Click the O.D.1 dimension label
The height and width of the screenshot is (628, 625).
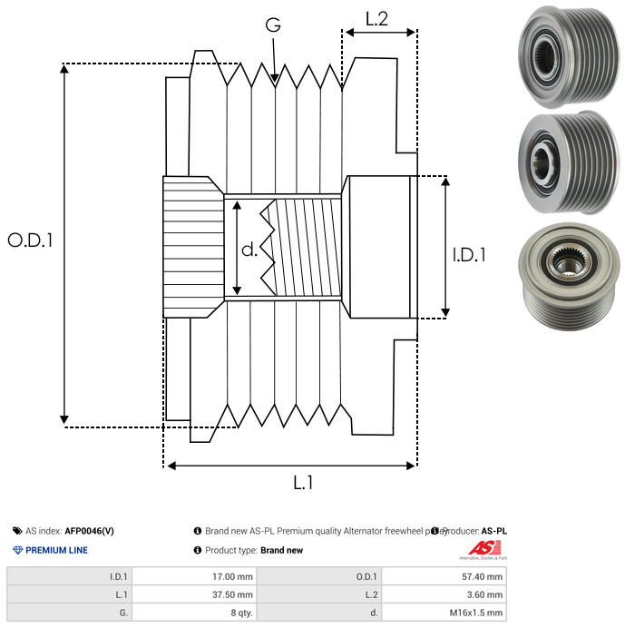[31, 241]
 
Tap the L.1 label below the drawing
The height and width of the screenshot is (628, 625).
[303, 483]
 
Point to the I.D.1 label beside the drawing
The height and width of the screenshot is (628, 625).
[469, 256]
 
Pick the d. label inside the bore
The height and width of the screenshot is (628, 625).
[249, 250]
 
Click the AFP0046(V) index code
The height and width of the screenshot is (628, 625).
[89, 531]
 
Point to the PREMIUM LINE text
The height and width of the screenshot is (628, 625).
[56, 550]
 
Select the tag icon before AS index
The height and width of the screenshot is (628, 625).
[17, 531]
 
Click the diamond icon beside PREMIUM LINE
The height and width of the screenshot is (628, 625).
[17, 550]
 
